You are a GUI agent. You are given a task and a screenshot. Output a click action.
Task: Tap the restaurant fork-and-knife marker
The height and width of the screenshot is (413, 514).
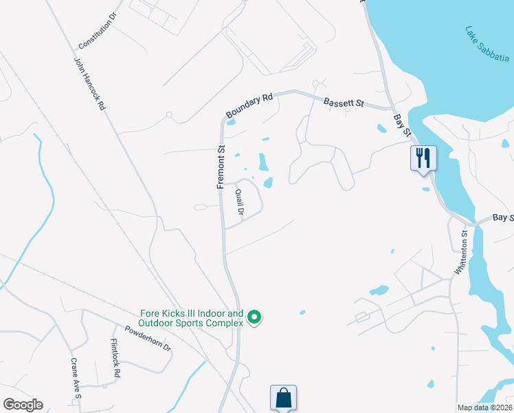click(423, 158)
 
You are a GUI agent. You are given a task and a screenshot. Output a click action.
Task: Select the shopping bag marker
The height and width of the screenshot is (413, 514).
click(283, 397)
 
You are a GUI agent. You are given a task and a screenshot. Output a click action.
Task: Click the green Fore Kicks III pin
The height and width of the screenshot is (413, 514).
click(254, 317)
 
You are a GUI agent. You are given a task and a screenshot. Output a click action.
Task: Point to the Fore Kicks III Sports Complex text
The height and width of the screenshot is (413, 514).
click(191, 317)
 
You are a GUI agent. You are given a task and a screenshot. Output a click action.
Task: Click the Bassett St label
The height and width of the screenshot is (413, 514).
click(344, 102)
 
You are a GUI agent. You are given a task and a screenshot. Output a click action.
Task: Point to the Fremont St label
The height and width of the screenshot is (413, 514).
click(221, 167)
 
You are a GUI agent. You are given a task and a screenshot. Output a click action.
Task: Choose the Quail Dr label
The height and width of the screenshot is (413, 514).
click(239, 203)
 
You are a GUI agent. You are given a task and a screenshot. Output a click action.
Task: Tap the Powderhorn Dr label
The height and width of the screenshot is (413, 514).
click(148, 337)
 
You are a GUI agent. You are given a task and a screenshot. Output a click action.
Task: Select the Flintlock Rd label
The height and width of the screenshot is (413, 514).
click(115, 359)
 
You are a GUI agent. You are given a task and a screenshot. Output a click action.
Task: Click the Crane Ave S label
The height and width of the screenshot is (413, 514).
click(76, 378)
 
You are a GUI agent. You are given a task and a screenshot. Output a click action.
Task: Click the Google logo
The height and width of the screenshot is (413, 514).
click(23, 405)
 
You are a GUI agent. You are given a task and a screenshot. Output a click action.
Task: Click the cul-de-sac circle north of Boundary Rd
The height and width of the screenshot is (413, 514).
click(315, 83)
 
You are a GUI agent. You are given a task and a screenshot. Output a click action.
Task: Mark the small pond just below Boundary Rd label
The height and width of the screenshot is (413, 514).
click(232, 123)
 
